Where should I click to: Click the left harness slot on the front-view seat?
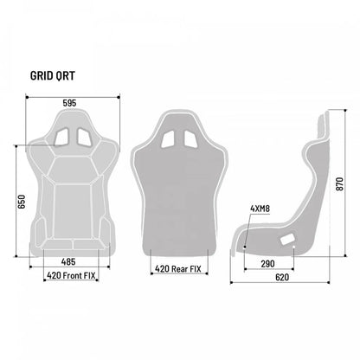(x=60, y=135)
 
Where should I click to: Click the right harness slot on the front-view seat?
(x=83, y=135)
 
